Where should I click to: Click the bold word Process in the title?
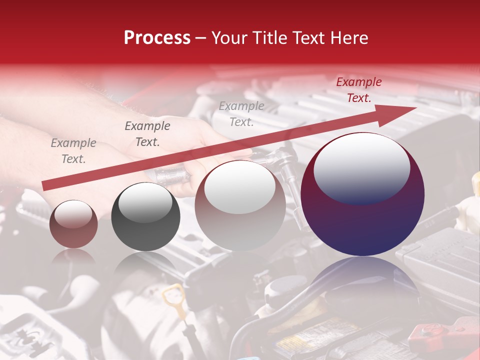pos(157,38)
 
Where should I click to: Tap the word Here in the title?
pos(348,38)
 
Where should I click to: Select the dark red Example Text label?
pos(358,90)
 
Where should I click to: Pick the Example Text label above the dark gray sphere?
pos(147,134)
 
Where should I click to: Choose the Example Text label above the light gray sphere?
pos(241,114)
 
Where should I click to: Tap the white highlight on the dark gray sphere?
pos(145,202)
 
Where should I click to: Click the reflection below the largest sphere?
pos(362,280)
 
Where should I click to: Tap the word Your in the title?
pos(231,38)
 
